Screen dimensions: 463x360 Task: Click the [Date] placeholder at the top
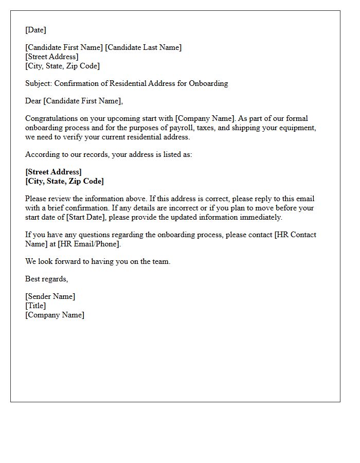[x=35, y=30]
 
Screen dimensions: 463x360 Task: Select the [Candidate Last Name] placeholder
[x=143, y=47]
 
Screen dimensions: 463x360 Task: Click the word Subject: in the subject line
[x=39, y=83]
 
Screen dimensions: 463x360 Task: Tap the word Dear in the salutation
[x=33, y=101]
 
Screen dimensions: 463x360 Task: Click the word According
[x=41, y=154]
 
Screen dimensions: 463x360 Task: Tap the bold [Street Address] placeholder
[x=53, y=172]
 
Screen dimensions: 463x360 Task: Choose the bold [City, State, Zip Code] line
[x=64, y=181]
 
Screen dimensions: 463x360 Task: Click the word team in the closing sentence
[x=161, y=261]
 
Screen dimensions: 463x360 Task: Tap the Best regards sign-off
[x=46, y=279]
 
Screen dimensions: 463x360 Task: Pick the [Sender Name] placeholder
[x=50, y=296]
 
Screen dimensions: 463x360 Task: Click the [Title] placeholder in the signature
[x=35, y=306]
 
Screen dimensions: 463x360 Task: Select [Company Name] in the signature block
[x=55, y=315]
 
